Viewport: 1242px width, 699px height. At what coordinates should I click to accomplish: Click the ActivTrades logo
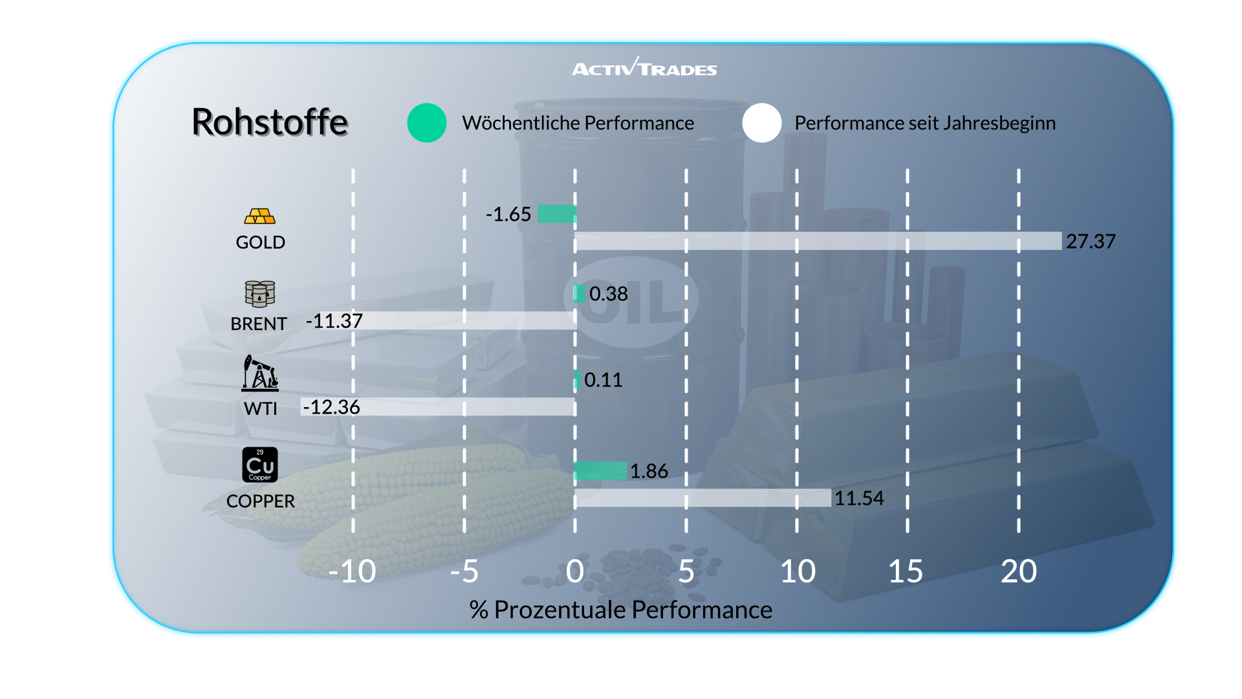tap(644, 67)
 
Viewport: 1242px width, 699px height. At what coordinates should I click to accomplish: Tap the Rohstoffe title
tap(270, 122)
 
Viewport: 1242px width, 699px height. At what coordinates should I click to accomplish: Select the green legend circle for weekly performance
tap(427, 123)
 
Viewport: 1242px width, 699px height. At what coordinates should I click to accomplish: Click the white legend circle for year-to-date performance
tap(762, 123)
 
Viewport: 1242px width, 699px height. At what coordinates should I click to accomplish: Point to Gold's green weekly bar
tap(557, 214)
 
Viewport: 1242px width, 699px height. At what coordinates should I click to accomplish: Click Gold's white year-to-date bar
tap(818, 241)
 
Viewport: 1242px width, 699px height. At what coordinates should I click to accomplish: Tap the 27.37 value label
tap(1091, 241)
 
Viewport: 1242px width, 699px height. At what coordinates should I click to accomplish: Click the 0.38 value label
tap(608, 294)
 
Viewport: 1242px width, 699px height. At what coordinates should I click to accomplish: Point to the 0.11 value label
tap(603, 379)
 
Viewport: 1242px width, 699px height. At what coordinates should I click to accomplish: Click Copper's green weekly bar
tap(600, 471)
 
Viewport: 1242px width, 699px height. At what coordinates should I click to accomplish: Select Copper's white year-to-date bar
tap(703, 498)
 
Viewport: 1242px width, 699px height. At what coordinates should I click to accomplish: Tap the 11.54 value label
tap(859, 498)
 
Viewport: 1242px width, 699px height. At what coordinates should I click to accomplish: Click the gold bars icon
tap(260, 216)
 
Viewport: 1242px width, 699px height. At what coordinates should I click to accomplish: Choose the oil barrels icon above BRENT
tap(260, 294)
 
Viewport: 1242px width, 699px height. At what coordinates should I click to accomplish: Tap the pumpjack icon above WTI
tap(260, 373)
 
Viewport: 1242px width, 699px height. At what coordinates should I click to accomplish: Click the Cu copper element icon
tap(260, 465)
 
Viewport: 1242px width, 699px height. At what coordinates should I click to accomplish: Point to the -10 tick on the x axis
tap(352, 571)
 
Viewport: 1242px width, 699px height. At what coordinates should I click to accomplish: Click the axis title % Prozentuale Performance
tap(621, 610)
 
